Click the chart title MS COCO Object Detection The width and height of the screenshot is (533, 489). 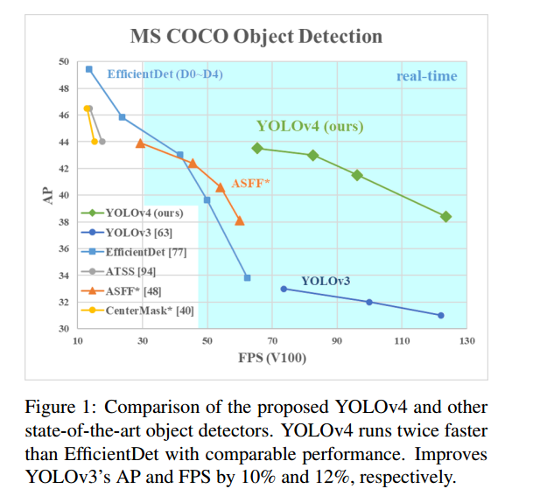click(256, 37)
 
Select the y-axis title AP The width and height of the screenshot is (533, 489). click(48, 195)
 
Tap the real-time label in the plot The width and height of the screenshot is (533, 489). click(426, 76)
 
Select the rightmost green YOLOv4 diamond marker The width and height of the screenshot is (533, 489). click(445, 216)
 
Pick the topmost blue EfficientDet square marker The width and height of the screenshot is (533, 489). click(89, 68)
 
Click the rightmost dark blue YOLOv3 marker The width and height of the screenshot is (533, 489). click(441, 315)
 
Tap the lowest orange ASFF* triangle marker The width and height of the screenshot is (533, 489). click(240, 220)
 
